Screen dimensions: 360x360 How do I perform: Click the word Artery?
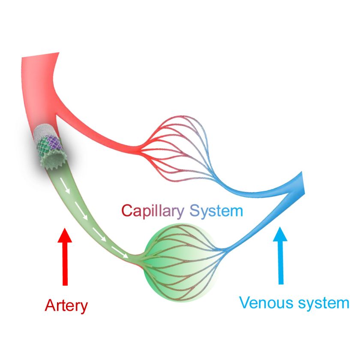click(x=66, y=306)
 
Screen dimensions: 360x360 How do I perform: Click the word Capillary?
click(x=153, y=211)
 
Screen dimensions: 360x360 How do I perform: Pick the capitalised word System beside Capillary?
click(x=216, y=211)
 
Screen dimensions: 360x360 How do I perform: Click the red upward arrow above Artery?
click(x=65, y=257)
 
